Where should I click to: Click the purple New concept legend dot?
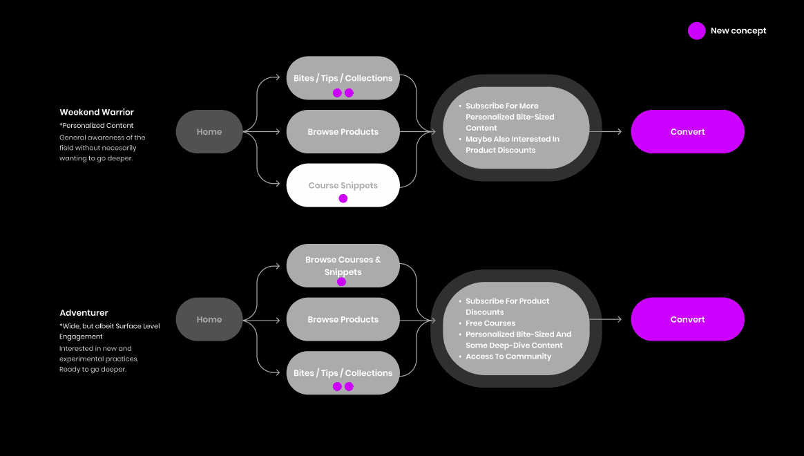pos(696,30)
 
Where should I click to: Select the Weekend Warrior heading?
pos(97,112)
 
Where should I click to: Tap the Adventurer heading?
pos(84,313)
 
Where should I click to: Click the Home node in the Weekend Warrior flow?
pos(209,132)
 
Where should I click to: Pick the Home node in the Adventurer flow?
pos(209,319)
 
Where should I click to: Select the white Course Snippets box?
pos(343,184)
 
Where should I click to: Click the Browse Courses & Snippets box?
pos(343,265)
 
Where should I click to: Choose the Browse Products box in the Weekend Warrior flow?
pos(343,132)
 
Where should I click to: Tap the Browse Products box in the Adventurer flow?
pos(343,319)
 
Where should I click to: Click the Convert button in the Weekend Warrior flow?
pos(687,132)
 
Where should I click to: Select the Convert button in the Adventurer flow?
pos(687,319)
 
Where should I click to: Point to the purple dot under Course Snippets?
pos(343,199)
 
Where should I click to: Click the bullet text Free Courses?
pos(490,323)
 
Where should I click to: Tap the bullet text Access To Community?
pos(508,357)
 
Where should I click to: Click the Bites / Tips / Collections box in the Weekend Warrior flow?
pos(343,77)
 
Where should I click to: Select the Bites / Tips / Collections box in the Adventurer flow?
pos(343,372)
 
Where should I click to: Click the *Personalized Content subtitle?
pos(97,126)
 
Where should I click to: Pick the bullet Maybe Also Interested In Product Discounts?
pos(512,144)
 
